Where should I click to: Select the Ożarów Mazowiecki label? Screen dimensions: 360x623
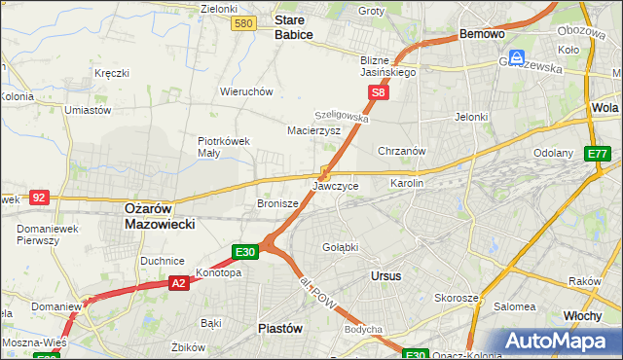pyautogui.click(x=160, y=215)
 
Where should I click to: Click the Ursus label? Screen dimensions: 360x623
pyautogui.click(x=385, y=275)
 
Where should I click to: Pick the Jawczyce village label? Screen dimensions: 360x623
pyautogui.click(x=336, y=185)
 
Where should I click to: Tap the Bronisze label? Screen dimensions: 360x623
pyautogui.click(x=276, y=203)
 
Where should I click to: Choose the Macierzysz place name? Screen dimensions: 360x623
pyautogui.click(x=312, y=129)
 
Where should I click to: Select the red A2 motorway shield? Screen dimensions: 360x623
pyautogui.click(x=178, y=283)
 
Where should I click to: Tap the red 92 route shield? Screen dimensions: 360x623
pyautogui.click(x=39, y=197)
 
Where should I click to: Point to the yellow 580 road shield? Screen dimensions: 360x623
pyautogui.click(x=244, y=23)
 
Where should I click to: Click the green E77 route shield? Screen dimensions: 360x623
pyautogui.click(x=597, y=154)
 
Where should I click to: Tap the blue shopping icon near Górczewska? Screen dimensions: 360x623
pyautogui.click(x=518, y=57)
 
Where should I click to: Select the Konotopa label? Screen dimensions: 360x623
pyautogui.click(x=218, y=272)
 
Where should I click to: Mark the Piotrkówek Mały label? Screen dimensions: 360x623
pyautogui.click(x=224, y=146)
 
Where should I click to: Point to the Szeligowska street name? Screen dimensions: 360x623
pyautogui.click(x=342, y=114)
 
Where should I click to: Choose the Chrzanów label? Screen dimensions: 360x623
pyautogui.click(x=402, y=151)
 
